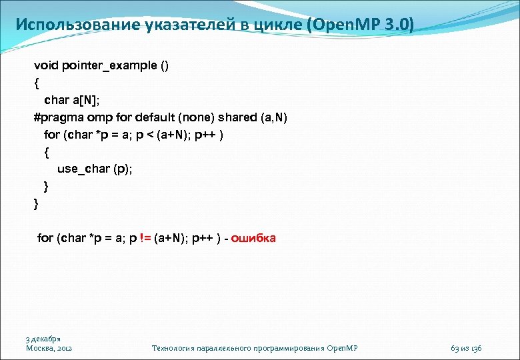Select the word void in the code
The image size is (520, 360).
tap(47, 65)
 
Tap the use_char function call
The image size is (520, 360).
tap(83, 169)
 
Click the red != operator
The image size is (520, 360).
tap(143, 238)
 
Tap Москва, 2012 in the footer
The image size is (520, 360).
tap(49, 348)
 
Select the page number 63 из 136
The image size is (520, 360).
tap(466, 348)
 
